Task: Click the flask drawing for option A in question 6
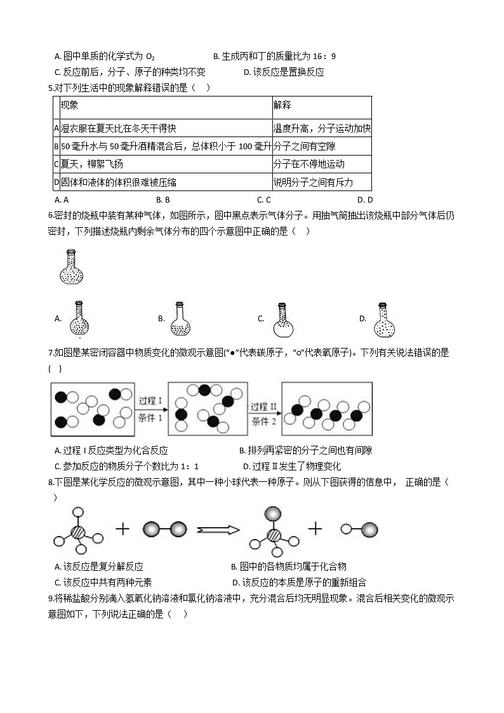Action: pyautogui.click(x=79, y=319)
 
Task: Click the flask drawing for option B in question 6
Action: pyautogui.click(x=181, y=319)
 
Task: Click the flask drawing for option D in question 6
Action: pyautogui.click(x=383, y=319)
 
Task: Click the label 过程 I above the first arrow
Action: pyautogui.click(x=151, y=401)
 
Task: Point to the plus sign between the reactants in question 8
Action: pyautogui.click(x=122, y=528)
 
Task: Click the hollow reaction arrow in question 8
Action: pyautogui.click(x=218, y=529)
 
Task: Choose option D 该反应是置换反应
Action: pyautogui.click(x=284, y=72)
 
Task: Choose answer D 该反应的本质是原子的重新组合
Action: pyautogui.click(x=299, y=582)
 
